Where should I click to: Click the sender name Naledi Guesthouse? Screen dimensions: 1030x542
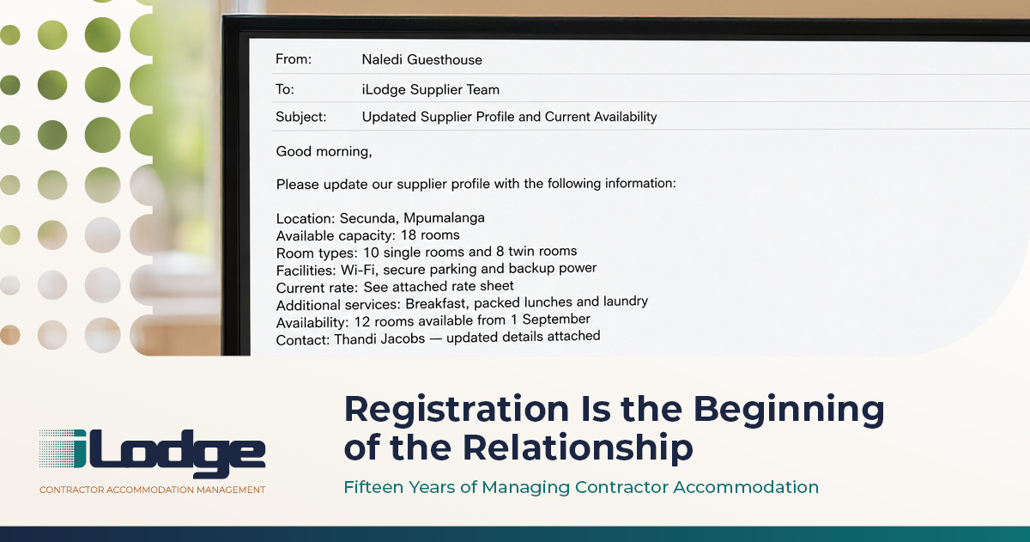(421, 60)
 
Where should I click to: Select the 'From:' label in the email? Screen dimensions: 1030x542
(294, 59)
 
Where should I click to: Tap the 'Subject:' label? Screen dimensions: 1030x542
(300, 117)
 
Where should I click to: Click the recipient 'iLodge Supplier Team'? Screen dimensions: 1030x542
(430, 89)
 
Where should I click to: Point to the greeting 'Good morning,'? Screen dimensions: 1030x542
(324, 151)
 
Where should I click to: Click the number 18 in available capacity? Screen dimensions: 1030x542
(409, 235)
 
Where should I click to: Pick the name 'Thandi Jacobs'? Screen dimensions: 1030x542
(379, 339)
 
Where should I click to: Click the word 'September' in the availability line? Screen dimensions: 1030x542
(556, 319)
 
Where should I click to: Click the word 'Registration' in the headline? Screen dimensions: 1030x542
(457, 409)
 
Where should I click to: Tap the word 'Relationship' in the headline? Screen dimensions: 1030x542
(578, 448)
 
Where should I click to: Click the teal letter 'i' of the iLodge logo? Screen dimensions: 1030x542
(79, 448)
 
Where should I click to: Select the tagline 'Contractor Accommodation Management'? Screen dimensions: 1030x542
(152, 490)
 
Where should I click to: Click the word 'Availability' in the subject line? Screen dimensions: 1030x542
(626, 117)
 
